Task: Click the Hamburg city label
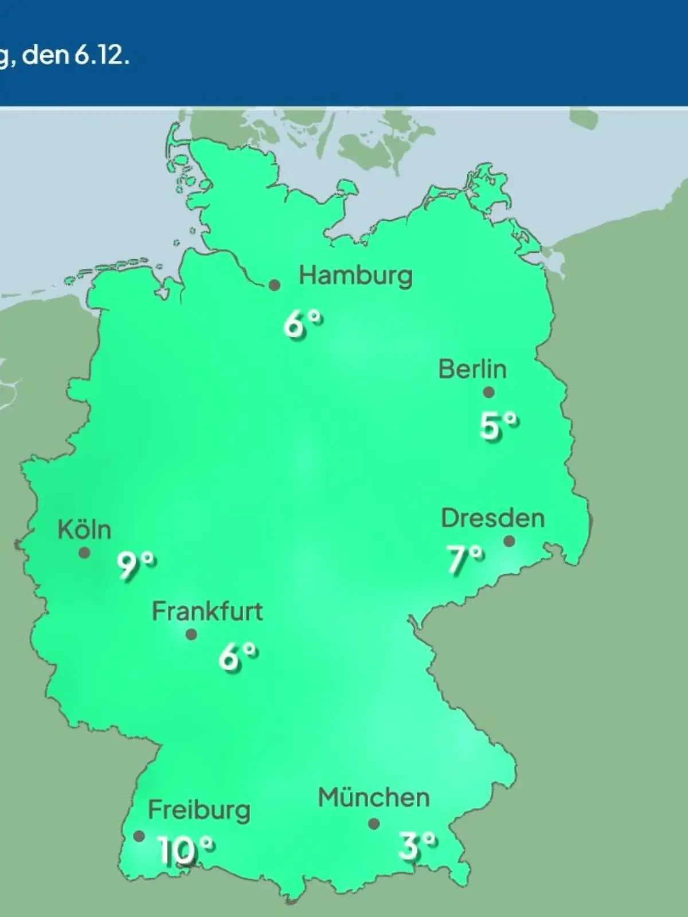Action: coord(355,276)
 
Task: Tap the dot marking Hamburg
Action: coord(275,285)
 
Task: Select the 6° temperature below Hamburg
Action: coord(303,325)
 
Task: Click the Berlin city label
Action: coord(472,369)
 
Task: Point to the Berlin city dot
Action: coord(488,393)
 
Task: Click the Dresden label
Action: coord(492,519)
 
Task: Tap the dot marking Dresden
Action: coord(509,541)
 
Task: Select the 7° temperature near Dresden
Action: coord(465,559)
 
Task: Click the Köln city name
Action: coord(84,530)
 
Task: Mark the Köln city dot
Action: coord(84,552)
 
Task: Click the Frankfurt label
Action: coord(207,612)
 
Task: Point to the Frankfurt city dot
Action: coord(191,634)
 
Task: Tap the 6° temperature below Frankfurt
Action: coord(237,656)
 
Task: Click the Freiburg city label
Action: coord(199,810)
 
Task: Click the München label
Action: coord(373,798)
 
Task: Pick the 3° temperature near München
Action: coord(417,846)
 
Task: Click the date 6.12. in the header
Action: coord(101,57)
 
